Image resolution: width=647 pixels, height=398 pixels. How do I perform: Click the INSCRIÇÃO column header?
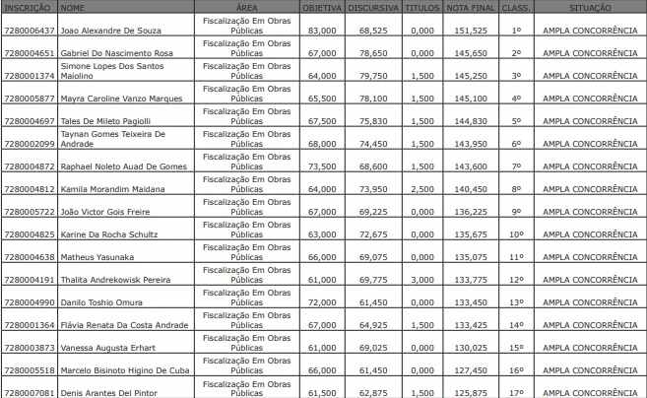[29, 7]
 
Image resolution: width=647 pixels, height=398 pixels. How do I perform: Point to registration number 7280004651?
[29, 52]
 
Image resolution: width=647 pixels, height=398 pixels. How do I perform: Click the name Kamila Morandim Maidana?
[107, 188]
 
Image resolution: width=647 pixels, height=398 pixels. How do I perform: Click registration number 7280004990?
[29, 301]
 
